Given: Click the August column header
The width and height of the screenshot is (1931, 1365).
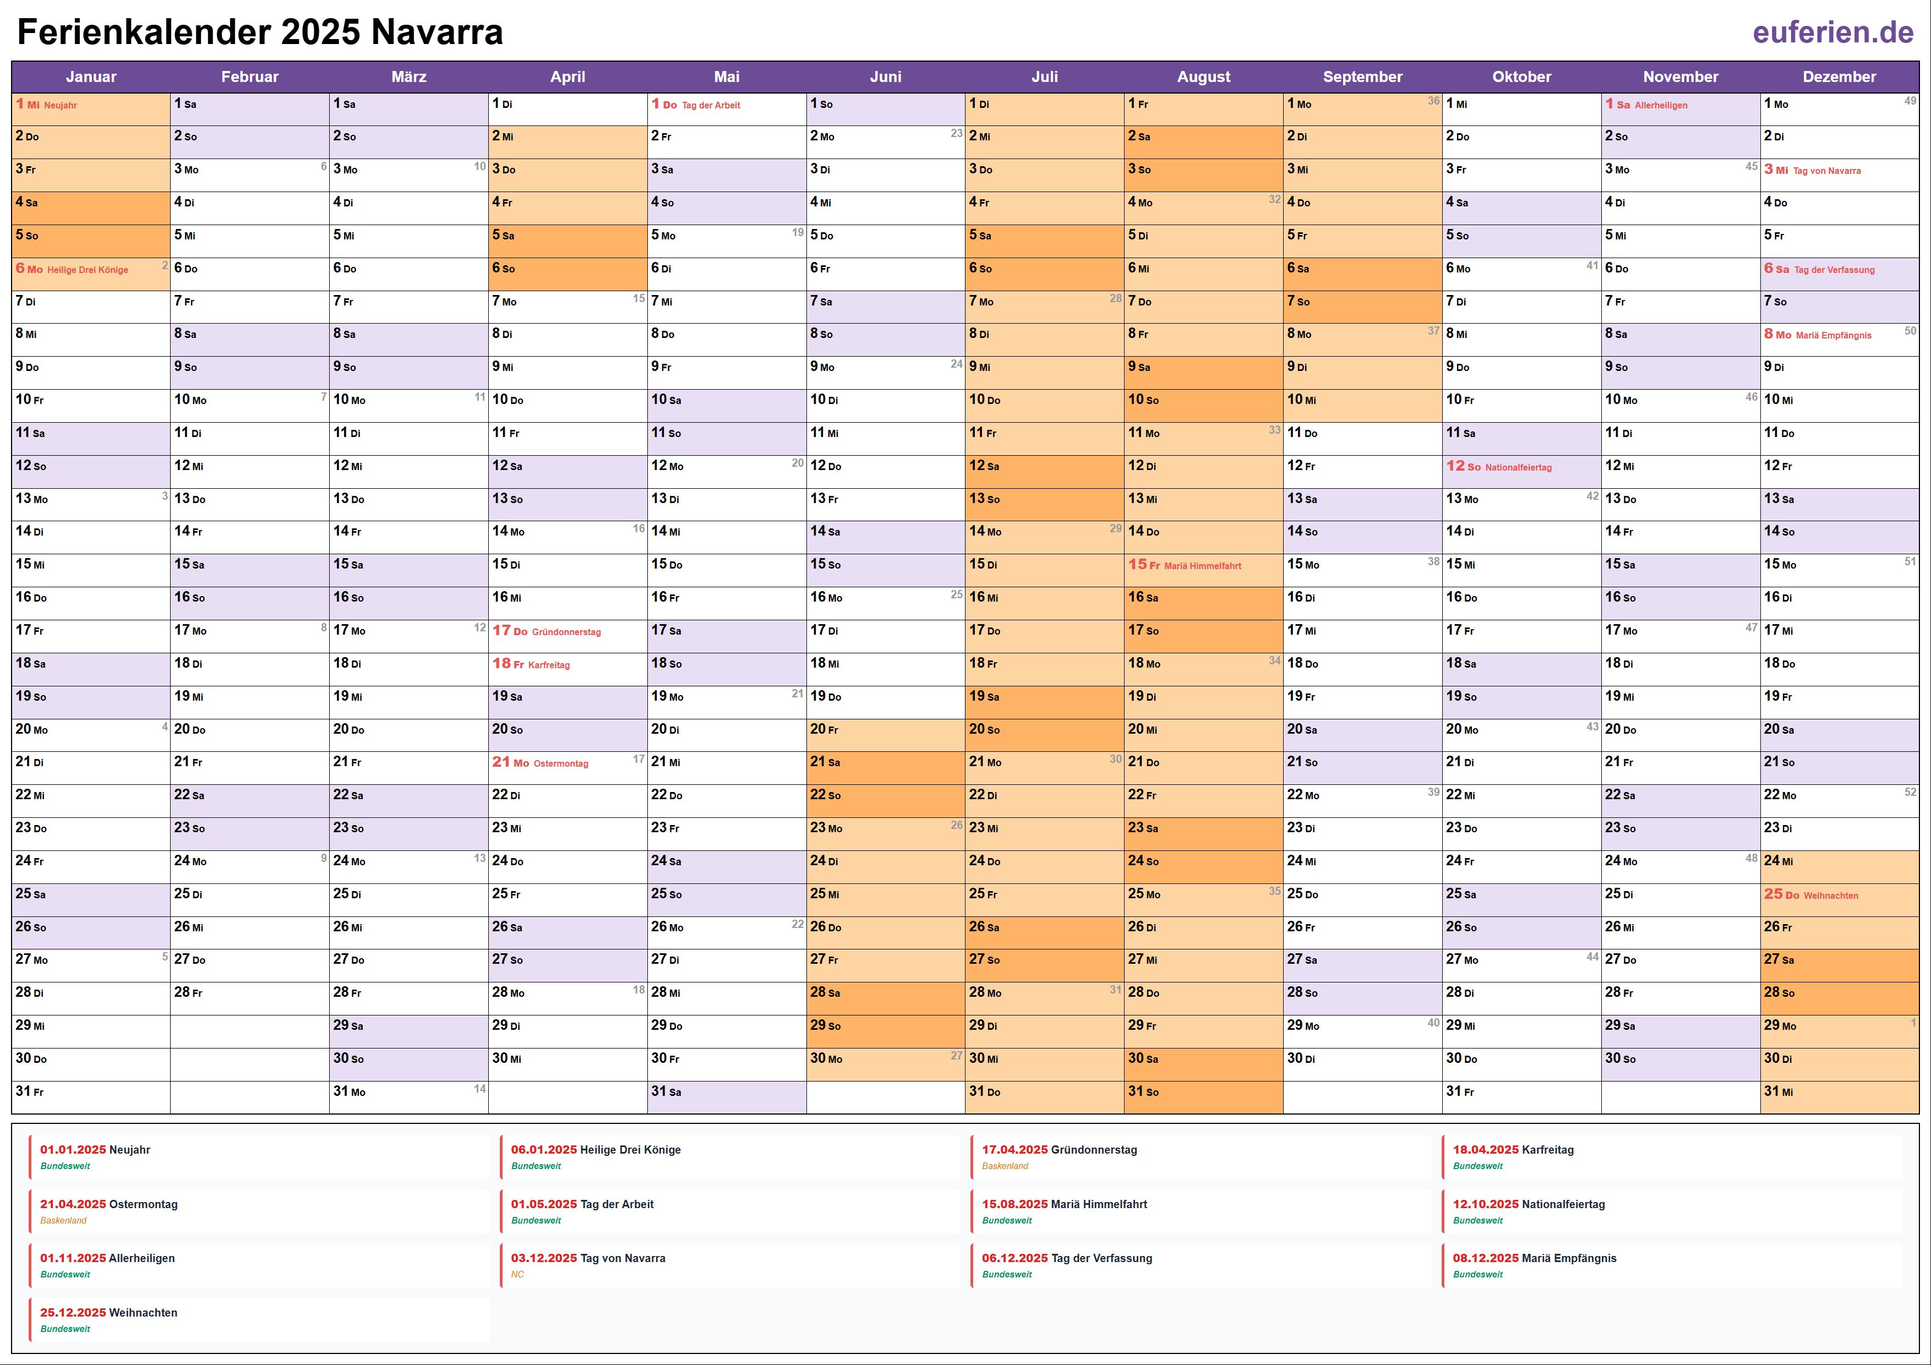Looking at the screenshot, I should coord(1203,77).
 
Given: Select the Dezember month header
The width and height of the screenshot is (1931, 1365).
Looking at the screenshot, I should coord(1839,77).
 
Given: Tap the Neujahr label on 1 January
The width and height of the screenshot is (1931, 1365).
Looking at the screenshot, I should coord(61,105).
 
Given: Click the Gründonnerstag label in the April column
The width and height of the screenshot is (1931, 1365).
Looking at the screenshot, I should coord(566,632).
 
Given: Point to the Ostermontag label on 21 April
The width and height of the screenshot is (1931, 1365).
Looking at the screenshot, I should coord(561,763).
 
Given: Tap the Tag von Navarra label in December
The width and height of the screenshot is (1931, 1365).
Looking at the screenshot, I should coord(1827,171).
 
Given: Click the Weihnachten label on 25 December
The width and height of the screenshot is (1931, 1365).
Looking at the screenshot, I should coord(1830,896).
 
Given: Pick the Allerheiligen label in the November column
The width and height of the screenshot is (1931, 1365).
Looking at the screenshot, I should coord(1660,105).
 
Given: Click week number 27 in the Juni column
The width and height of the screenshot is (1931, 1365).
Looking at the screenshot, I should coord(956,1056).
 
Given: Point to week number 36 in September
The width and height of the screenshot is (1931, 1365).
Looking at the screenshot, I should coord(1433,101).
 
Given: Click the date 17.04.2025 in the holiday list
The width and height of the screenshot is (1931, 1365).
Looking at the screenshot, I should coord(1014,1150).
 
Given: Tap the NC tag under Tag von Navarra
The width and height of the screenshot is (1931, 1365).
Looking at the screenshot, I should coord(517,1274).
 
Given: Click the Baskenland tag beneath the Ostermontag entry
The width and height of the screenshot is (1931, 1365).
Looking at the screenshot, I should coord(63,1220).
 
